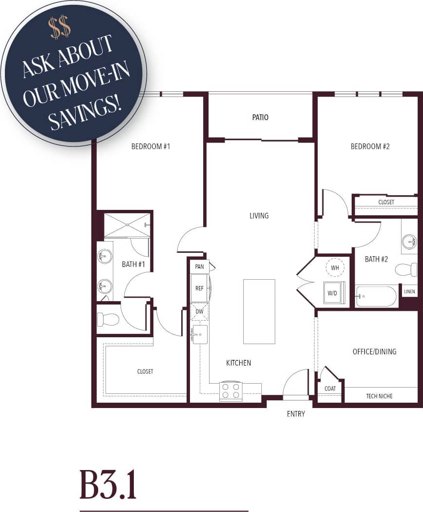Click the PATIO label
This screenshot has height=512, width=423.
pyautogui.click(x=260, y=118)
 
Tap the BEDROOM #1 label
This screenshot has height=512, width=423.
pyautogui.click(x=150, y=146)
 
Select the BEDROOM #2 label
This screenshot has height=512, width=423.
pyautogui.click(x=370, y=146)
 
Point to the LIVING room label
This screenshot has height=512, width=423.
pyautogui.click(x=259, y=216)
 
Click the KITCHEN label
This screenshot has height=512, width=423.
pyautogui.click(x=238, y=363)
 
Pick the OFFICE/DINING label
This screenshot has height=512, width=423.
pyautogui.click(x=374, y=351)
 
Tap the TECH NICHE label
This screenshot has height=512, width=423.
pyautogui.click(x=379, y=396)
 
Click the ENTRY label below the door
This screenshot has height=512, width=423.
pyautogui.click(x=296, y=414)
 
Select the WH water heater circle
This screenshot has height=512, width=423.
pyautogui.click(x=335, y=268)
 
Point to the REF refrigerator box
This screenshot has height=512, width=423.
pyautogui.click(x=199, y=288)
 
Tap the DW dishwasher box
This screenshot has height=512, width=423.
pyautogui.click(x=199, y=311)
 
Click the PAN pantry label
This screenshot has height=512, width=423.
pyautogui.click(x=199, y=266)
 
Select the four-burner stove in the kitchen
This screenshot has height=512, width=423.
pyautogui.click(x=231, y=390)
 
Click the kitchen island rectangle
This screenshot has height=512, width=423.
pyautogui.click(x=259, y=311)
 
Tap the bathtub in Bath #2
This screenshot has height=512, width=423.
pyautogui.click(x=377, y=296)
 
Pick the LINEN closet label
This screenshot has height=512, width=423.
pyautogui.click(x=409, y=292)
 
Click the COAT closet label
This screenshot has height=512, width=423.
pyautogui.click(x=330, y=389)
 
